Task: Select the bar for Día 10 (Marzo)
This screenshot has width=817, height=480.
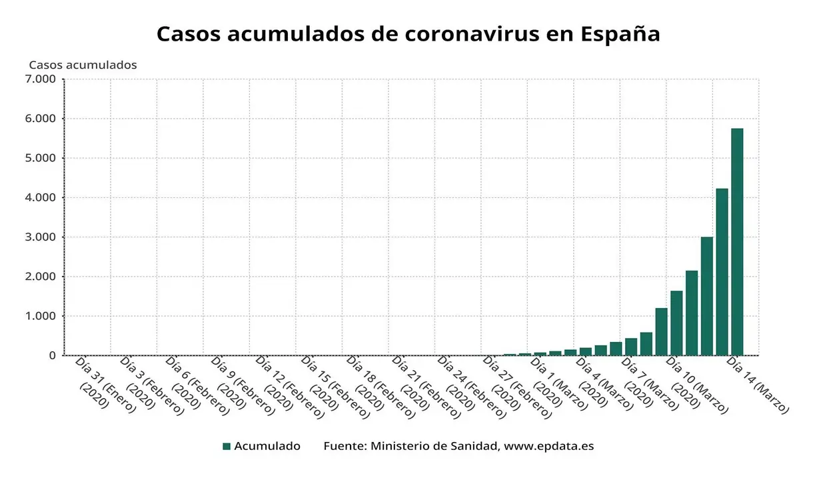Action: (x=676, y=323)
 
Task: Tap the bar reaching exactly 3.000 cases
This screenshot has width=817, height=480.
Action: (x=706, y=296)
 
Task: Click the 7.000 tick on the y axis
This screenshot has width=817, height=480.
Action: (x=41, y=79)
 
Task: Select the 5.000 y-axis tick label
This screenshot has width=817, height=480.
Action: (x=41, y=158)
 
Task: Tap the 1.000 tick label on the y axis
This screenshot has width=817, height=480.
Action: (x=41, y=316)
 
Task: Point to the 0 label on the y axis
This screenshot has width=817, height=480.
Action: (x=52, y=355)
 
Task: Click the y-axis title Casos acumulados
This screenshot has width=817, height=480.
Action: (x=83, y=65)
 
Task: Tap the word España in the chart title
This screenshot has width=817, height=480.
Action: (x=619, y=34)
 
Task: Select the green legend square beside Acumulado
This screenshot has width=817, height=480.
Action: (x=227, y=446)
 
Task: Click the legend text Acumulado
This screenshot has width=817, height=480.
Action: (x=267, y=446)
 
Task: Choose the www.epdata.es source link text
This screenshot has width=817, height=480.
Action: (x=548, y=446)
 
